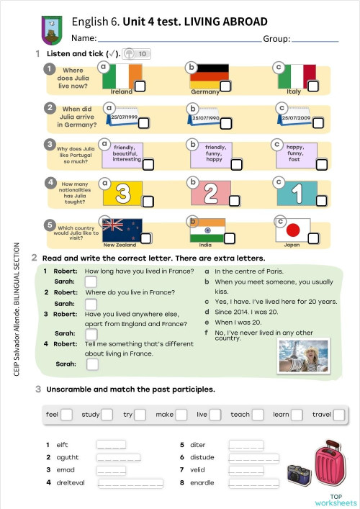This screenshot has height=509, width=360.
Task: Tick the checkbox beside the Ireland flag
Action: coord(141,86)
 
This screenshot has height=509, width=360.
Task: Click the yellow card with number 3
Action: coord(123,192)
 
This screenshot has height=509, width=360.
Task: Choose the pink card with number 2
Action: coord(210,192)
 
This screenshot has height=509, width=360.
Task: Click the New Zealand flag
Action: coord(123,230)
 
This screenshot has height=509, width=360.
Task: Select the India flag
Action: coord(208,230)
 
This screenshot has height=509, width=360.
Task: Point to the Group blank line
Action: coord(315,40)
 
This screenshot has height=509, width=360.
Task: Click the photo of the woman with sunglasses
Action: coord(303,356)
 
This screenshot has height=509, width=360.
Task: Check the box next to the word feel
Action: coord(67,415)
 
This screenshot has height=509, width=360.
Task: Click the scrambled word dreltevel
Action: coord(70,483)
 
